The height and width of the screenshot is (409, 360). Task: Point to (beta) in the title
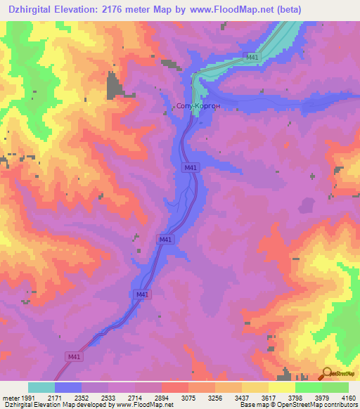pos(284,10)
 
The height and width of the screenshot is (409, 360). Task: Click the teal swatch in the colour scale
pos(41,387)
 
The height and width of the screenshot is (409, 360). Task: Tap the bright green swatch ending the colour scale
pos(335,387)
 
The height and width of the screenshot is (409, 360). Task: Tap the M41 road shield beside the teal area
pos(251,57)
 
